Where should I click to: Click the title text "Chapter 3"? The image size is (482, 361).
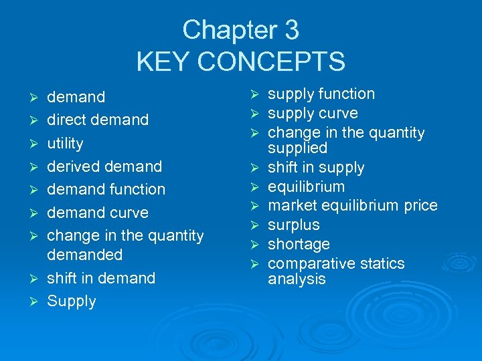[x=240, y=30]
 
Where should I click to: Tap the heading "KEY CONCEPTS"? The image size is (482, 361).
[x=240, y=62]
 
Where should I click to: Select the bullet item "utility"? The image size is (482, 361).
[x=65, y=143]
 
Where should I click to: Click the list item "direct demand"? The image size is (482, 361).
[x=98, y=120]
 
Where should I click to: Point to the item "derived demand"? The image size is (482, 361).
[x=104, y=166]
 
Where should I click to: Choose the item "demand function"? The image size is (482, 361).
[x=106, y=189]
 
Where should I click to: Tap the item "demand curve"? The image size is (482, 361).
[x=98, y=213]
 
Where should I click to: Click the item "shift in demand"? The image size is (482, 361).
[x=101, y=278]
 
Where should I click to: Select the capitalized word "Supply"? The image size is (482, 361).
[x=72, y=302]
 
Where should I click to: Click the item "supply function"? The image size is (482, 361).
[x=321, y=94]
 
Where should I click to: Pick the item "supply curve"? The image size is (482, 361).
[x=313, y=114]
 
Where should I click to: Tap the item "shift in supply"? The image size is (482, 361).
[x=316, y=168]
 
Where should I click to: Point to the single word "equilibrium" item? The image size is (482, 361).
[x=307, y=187]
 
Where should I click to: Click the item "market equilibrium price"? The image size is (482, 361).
[x=352, y=205]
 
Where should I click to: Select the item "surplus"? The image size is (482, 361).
[x=294, y=225]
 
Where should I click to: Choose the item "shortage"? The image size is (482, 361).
[x=299, y=244]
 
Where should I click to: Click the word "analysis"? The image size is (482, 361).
[x=297, y=279]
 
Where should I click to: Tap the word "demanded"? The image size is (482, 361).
[x=85, y=255]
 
